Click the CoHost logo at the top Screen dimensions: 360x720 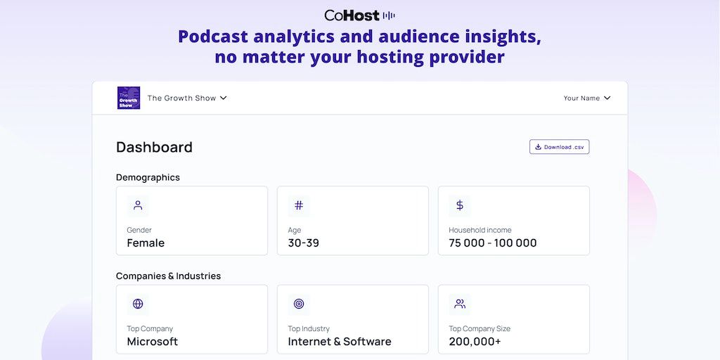[359, 15]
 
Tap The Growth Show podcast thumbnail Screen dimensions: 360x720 [129, 98]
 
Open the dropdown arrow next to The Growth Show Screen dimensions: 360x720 [224, 98]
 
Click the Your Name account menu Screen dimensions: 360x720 [586, 98]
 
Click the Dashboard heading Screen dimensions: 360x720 [154, 147]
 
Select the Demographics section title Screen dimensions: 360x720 [148, 177]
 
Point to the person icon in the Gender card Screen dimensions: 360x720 [138, 205]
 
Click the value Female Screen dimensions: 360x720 [146, 243]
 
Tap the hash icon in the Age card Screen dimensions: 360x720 [299, 205]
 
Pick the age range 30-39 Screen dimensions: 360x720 [303, 243]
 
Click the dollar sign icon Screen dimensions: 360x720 [460, 205]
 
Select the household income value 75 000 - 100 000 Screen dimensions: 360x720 [492, 243]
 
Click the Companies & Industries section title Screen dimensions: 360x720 [168, 276]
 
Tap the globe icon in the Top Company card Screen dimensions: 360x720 [138, 304]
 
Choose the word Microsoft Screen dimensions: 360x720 [152, 342]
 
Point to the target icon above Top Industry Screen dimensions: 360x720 [299, 304]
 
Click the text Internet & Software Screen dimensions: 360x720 [339, 342]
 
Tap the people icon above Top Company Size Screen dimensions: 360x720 [460, 304]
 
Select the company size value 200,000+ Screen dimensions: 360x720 [475, 342]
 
